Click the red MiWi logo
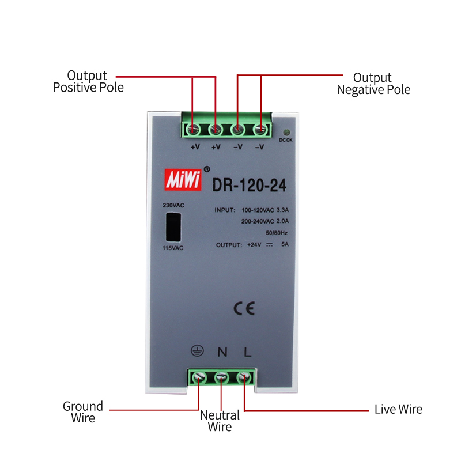pos(183,179)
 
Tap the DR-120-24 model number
pos(249,185)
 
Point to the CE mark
pos(244,308)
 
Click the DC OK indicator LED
pos(286,133)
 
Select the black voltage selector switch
pos(173,227)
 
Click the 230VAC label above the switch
pos(173,205)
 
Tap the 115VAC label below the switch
pos(173,248)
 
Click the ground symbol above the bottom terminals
pos(197,351)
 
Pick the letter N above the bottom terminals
pos(222,352)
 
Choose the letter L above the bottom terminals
pos(248,352)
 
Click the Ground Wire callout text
pos(83,412)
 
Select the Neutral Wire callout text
pos(220,421)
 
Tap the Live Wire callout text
pos(398,409)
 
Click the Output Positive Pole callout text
pos(88,81)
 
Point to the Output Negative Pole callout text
pos(373,84)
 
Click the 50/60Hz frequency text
pos(277,233)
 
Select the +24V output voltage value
pos(254,244)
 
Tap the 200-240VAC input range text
pos(258,221)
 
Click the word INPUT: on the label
pos(225,210)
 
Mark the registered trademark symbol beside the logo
pos(207,169)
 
